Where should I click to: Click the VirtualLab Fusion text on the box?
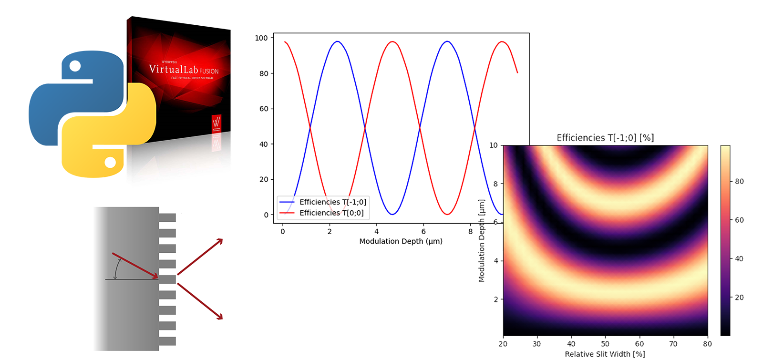[184, 70]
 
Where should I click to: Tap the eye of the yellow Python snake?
[110, 163]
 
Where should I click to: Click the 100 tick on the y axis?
[261, 38]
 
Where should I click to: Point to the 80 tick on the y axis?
[264, 73]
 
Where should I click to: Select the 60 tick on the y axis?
[264, 109]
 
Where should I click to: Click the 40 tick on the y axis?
[264, 144]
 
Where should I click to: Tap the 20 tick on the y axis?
[264, 179]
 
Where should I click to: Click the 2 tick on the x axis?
[330, 232]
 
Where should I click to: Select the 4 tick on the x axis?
[377, 232]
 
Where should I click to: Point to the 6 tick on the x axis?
[423, 232]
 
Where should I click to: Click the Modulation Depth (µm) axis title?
[401, 241]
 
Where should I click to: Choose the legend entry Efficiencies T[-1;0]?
[332, 202]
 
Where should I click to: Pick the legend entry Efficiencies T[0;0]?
[331, 213]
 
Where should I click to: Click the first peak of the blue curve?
[338, 41]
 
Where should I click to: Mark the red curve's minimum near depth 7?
[447, 214]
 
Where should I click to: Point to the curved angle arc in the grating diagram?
[116, 270]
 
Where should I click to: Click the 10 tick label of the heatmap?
[494, 145]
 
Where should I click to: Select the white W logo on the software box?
[216, 122]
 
